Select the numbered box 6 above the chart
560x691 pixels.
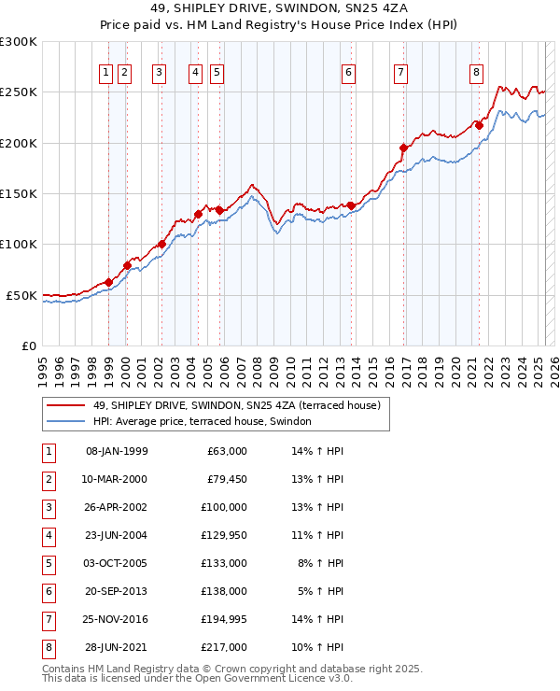click(x=348, y=73)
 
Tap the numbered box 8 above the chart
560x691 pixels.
click(x=476, y=73)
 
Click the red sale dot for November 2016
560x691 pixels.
click(x=403, y=148)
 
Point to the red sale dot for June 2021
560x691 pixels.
click(x=479, y=125)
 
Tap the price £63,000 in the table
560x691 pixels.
click(x=227, y=451)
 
